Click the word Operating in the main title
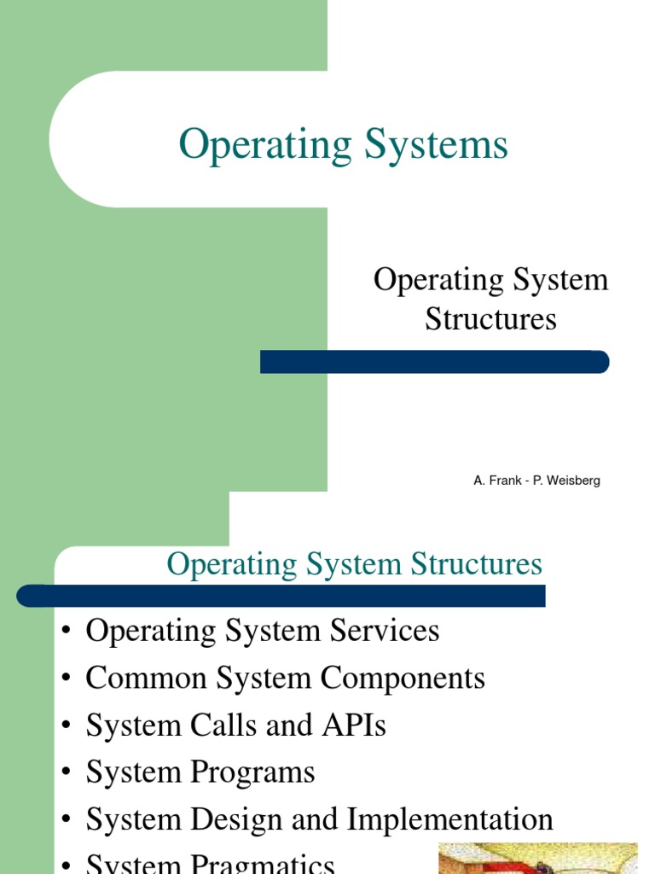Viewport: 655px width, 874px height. click(x=264, y=145)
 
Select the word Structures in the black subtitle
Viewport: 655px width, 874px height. click(x=490, y=318)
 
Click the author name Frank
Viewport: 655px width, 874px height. click(x=503, y=481)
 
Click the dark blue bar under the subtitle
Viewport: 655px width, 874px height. click(x=434, y=362)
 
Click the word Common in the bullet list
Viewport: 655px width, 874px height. click(x=146, y=679)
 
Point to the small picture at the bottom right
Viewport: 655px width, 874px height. click(x=537, y=858)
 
